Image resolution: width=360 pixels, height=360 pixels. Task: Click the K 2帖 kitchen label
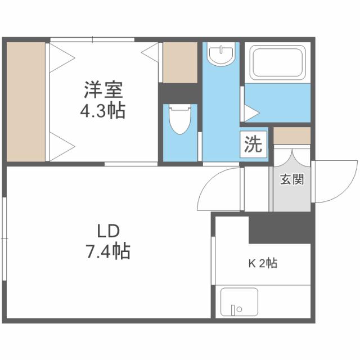(263, 263)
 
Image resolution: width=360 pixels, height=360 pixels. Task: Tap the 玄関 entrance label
(292, 180)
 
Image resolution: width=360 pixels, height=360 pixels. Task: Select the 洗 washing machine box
(253, 145)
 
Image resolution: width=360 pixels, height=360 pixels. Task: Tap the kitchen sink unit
(239, 303)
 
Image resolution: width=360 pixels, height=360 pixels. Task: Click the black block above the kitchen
(280, 228)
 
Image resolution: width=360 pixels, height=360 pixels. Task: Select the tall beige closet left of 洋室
(26, 100)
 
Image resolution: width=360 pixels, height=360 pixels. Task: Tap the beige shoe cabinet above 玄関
(292, 136)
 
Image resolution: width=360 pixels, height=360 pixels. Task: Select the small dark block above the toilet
(180, 92)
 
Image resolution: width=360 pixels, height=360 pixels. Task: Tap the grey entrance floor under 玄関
(291, 198)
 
